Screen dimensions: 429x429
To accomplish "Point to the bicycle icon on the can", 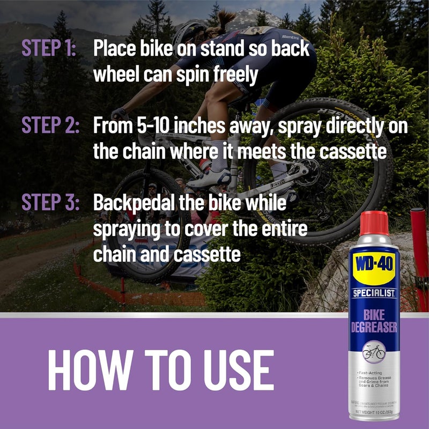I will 373,351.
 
